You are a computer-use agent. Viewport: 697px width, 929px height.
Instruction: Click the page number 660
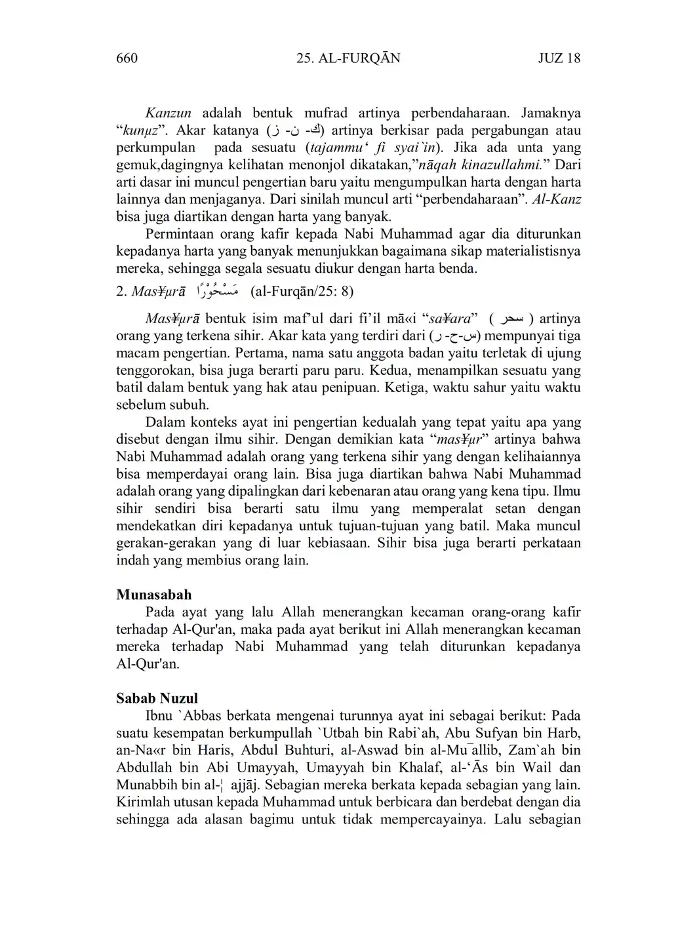pos(127,58)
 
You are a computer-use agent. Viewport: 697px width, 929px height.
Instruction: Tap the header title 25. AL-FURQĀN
pos(348,58)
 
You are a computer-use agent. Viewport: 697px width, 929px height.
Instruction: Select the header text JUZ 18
pos(559,58)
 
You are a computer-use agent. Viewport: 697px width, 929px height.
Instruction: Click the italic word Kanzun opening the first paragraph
pos(168,113)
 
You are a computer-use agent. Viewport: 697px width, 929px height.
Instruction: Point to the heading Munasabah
pos(154,595)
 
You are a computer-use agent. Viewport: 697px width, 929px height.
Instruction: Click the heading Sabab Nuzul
pos(157,698)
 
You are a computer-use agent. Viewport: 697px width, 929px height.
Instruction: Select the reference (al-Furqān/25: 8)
pos(302,291)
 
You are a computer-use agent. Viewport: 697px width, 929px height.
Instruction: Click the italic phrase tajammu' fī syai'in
pos(374,148)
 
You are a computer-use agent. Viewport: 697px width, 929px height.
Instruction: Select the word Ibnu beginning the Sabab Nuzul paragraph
pos(160,716)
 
